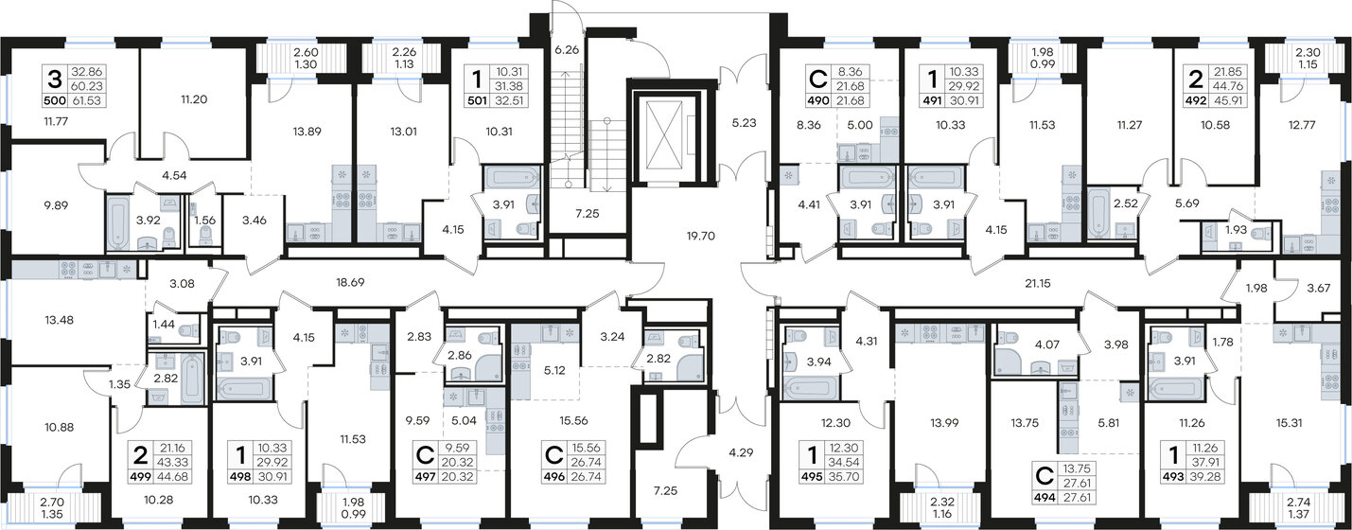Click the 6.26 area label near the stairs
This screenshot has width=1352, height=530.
click(565, 50)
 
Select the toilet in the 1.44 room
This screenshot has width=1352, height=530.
click(188, 331)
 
